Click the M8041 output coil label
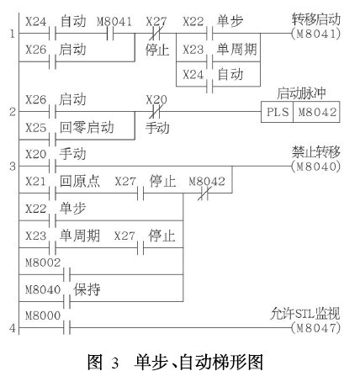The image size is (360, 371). (316, 34)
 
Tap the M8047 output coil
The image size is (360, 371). (316, 327)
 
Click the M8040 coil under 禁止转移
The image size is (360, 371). (316, 167)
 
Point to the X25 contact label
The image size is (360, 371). (35, 128)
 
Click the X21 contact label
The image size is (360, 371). (35, 182)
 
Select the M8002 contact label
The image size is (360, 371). (43, 262)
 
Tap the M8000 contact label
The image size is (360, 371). (43, 315)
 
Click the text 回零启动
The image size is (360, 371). (87, 128)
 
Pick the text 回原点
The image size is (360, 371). (80, 181)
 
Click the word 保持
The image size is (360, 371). (87, 289)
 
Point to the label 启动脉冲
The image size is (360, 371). (301, 93)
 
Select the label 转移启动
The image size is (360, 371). (316, 19)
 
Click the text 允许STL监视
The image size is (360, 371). (305, 314)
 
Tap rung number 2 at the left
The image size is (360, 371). (13, 112)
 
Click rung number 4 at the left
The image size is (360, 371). (13, 328)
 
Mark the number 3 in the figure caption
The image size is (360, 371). (115, 363)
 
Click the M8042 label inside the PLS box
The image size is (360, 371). (317, 112)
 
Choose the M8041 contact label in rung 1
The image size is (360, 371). (114, 22)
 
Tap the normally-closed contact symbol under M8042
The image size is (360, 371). (204, 193)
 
